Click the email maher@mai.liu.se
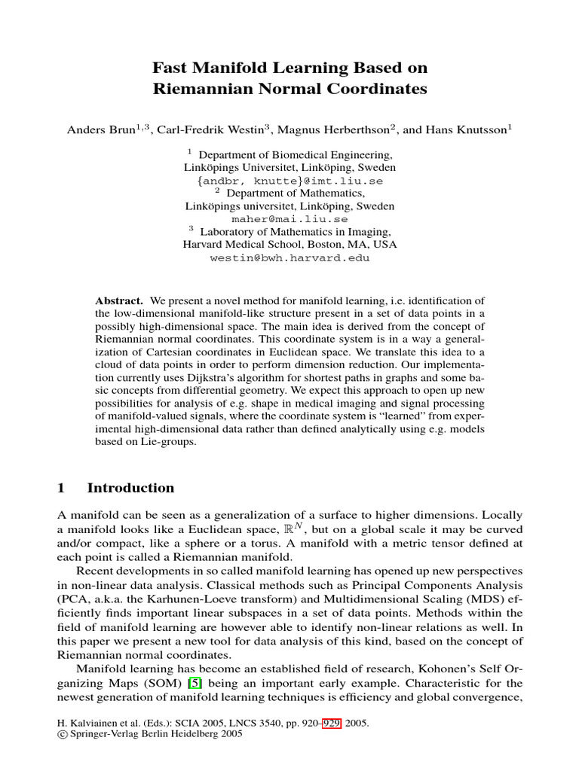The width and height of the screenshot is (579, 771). [289, 219]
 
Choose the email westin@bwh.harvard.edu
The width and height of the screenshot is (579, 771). [289, 258]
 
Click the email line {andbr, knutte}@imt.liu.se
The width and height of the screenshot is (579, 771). [289, 181]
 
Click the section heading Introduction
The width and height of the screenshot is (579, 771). [130, 488]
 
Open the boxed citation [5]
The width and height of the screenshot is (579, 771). [195, 682]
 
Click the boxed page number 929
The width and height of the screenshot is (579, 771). [332, 722]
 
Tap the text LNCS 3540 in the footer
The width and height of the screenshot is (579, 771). [240, 722]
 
